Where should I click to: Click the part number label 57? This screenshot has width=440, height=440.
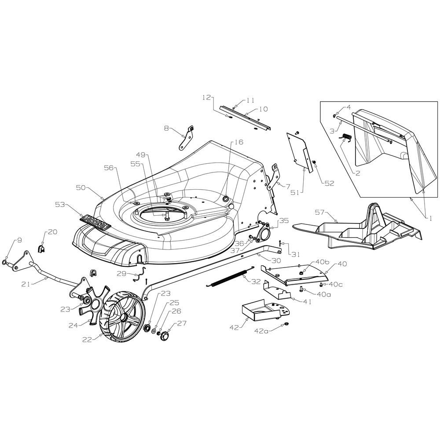pos(320,213)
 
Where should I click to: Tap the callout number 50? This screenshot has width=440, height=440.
pos(81,187)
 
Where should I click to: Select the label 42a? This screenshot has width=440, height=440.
pos(261,331)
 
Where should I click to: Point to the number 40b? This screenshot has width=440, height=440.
pos(322,262)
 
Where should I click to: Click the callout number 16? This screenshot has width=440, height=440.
pos(239,142)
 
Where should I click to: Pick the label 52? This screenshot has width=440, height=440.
pos(330,183)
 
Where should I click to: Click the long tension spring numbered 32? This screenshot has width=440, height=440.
pos(230,275)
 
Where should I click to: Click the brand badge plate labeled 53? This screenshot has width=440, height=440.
pos(95,222)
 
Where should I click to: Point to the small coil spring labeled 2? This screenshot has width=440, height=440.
pos(346,137)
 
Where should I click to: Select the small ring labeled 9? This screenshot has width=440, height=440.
pos(5,262)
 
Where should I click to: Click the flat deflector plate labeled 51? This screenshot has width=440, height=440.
pos(299,151)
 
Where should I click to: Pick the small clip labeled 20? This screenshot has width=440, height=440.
pos(41,249)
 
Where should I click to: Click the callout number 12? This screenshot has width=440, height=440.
pos(206,98)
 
